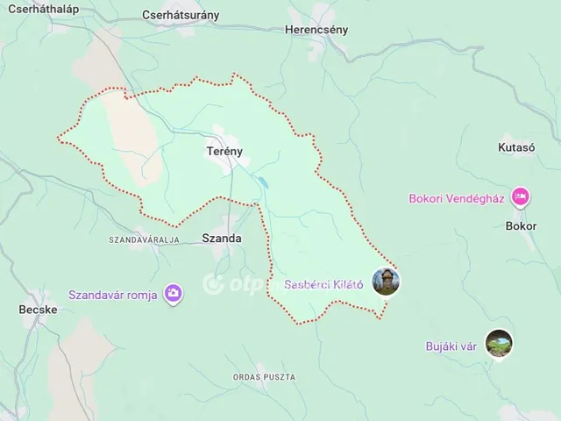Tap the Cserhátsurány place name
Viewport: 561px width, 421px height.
181,15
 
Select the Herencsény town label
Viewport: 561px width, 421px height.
316,29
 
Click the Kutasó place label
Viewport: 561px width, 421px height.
515,147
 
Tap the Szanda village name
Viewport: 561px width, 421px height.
221,237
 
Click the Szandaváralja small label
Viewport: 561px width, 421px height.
144,239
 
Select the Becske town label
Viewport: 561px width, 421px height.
38,310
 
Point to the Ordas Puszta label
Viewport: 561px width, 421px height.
263,376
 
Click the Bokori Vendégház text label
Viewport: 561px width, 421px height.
456,198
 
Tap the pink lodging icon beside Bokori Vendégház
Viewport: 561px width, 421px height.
521,196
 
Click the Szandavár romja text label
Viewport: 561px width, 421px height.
113,295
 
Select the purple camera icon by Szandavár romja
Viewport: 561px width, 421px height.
174,294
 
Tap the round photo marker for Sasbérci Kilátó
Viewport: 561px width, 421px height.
387,282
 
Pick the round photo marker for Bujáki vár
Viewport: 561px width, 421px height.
498,344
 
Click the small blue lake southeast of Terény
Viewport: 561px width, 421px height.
263,184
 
